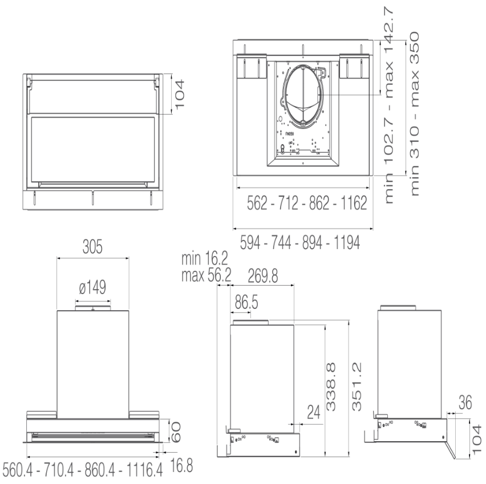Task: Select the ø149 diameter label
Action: tap(92, 287)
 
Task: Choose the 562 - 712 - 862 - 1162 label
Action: tap(303, 204)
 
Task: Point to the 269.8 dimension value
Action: tap(263, 276)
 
